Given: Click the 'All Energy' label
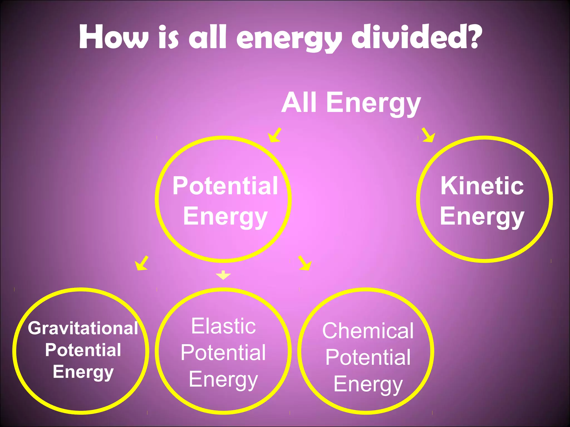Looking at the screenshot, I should [351, 103].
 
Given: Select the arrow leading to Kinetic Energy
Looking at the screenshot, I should [428, 135].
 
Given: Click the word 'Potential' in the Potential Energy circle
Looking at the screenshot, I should [225, 186].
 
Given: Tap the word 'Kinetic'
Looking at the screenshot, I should [482, 186].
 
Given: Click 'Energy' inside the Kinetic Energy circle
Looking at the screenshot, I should [482, 217].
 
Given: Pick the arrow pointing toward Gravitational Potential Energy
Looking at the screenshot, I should [142, 263].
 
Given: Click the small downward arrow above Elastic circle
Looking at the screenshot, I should [223, 275].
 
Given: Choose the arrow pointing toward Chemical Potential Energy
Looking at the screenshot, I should [304, 263].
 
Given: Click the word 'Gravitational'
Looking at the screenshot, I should [83, 328].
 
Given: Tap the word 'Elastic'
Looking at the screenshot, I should [223, 326].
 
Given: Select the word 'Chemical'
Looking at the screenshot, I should [368, 331].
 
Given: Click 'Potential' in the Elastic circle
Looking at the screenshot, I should [223, 352].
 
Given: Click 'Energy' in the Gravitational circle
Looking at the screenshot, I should [83, 372].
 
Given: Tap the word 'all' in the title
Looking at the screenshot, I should [207, 38].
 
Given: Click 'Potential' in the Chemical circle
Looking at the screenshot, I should [368, 357].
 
